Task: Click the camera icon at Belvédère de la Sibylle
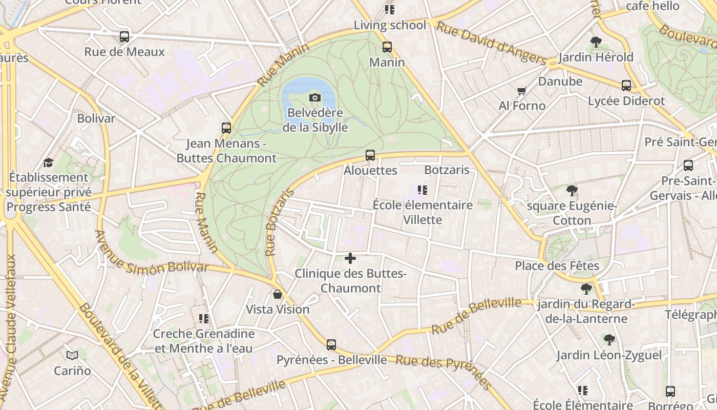pyautogui.click(x=315, y=97)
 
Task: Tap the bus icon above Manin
pyautogui.click(x=387, y=47)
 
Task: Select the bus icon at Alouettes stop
pyautogui.click(x=370, y=155)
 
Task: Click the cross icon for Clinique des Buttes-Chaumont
pyautogui.click(x=350, y=258)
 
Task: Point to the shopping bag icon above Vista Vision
pyautogui.click(x=278, y=294)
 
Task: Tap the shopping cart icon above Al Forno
pyautogui.click(x=522, y=91)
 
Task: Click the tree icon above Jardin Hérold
pyautogui.click(x=596, y=42)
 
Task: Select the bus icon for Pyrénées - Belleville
pyautogui.click(x=331, y=345)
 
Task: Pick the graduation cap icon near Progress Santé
pyautogui.click(x=48, y=162)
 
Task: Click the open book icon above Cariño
pyautogui.click(x=72, y=355)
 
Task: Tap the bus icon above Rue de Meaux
pyautogui.click(x=124, y=37)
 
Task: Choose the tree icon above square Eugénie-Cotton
pyautogui.click(x=572, y=191)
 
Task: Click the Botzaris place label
pyautogui.click(x=447, y=170)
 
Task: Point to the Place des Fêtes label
pyautogui.click(x=557, y=266)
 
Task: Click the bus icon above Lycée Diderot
pyautogui.click(x=626, y=86)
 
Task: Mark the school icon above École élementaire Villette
pyautogui.click(x=423, y=191)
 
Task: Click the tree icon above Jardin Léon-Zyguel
pyautogui.click(x=609, y=340)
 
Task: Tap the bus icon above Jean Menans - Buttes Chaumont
pyautogui.click(x=226, y=128)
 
